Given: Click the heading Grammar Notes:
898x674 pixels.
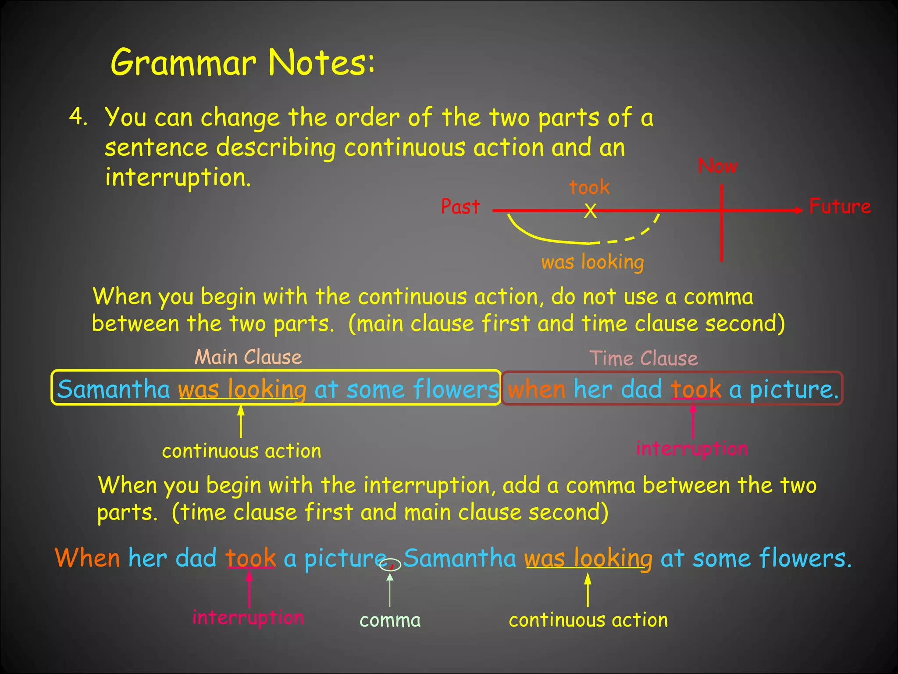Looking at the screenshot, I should (x=242, y=62).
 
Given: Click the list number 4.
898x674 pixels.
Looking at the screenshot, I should (x=78, y=117).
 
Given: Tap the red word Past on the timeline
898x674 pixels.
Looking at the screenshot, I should (x=460, y=207).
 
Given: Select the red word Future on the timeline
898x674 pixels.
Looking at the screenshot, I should (x=840, y=206).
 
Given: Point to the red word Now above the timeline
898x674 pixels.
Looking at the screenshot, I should (x=718, y=166).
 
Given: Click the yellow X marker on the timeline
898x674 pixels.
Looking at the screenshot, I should (x=591, y=211).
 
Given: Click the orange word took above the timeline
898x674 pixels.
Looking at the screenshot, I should (x=589, y=187).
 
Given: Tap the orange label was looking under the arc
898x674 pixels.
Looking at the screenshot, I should (x=592, y=262).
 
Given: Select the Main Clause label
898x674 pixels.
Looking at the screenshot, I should (x=248, y=357).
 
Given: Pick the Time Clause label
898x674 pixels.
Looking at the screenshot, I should (x=643, y=359).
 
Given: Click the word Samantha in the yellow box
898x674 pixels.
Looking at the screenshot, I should (x=114, y=389).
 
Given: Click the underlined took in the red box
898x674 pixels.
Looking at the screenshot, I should (x=696, y=389).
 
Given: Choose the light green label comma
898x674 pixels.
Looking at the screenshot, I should (x=390, y=620).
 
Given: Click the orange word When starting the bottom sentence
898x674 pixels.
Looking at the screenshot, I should (x=87, y=558).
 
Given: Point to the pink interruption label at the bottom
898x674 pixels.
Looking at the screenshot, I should (x=248, y=618).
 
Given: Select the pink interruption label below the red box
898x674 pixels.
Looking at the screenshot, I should (x=692, y=448).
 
